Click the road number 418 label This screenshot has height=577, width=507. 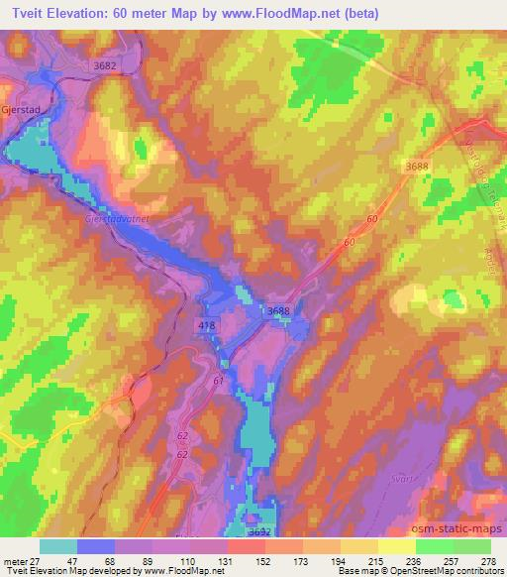[x=205, y=324]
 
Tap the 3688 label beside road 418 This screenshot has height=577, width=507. [x=278, y=311]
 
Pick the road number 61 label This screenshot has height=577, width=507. [x=218, y=380]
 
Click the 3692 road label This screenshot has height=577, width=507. [x=259, y=531]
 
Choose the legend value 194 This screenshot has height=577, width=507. [x=325, y=560]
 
